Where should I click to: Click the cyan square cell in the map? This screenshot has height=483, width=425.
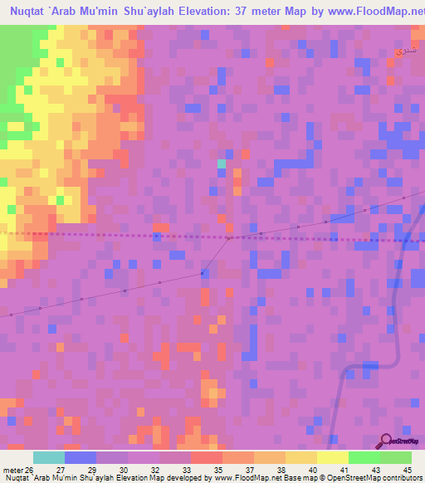[x=222, y=164]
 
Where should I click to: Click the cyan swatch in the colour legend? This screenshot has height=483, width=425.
[x=49, y=457]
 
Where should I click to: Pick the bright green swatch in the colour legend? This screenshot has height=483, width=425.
[x=364, y=457]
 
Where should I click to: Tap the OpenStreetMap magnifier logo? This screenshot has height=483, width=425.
[x=385, y=441]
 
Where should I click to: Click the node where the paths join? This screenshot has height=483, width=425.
[x=229, y=239]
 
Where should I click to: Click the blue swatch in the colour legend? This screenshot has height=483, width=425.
[x=81, y=457]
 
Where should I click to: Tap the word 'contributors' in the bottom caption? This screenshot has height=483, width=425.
[x=402, y=478]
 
